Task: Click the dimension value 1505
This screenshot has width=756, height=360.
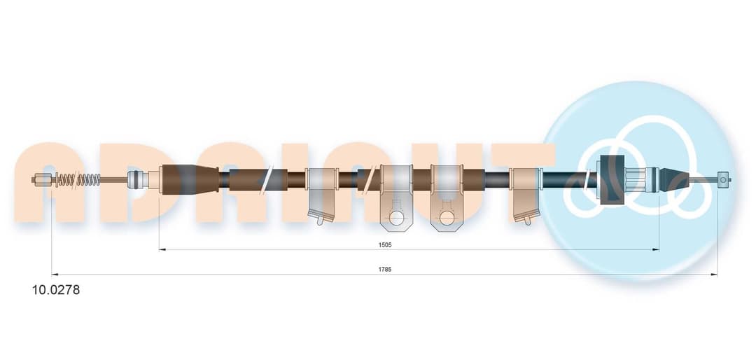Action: point(385,244)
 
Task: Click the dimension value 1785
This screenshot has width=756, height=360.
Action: point(385,270)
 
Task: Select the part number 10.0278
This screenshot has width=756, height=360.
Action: point(56,290)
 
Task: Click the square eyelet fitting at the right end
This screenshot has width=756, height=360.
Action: point(722,179)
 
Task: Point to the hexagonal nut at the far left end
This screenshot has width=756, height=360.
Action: point(43,180)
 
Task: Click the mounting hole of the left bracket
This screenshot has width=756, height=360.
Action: point(396,218)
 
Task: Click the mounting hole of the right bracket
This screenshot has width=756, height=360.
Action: point(447,218)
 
